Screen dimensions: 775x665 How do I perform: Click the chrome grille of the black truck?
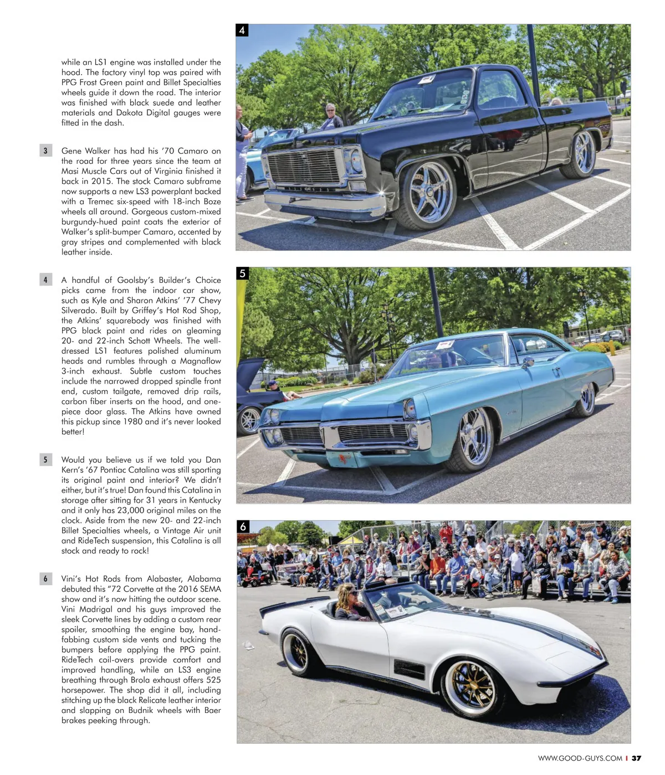(x=303, y=166)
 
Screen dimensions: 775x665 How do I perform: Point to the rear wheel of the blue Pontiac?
(x=586, y=399)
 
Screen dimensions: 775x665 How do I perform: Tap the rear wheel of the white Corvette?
(x=296, y=652)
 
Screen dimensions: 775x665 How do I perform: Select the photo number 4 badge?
(x=242, y=30)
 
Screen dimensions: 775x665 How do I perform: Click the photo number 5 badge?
(x=243, y=273)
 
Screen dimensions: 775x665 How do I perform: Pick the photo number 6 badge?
(x=243, y=526)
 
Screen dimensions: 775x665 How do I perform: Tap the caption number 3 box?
(x=45, y=151)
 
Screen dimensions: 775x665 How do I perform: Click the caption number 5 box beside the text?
(x=45, y=459)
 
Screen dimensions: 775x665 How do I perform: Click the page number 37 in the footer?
(x=637, y=758)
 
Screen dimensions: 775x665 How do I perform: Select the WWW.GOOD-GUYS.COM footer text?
(x=580, y=758)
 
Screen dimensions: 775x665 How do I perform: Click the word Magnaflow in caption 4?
(x=200, y=361)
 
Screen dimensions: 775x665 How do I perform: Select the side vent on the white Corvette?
(x=409, y=668)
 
